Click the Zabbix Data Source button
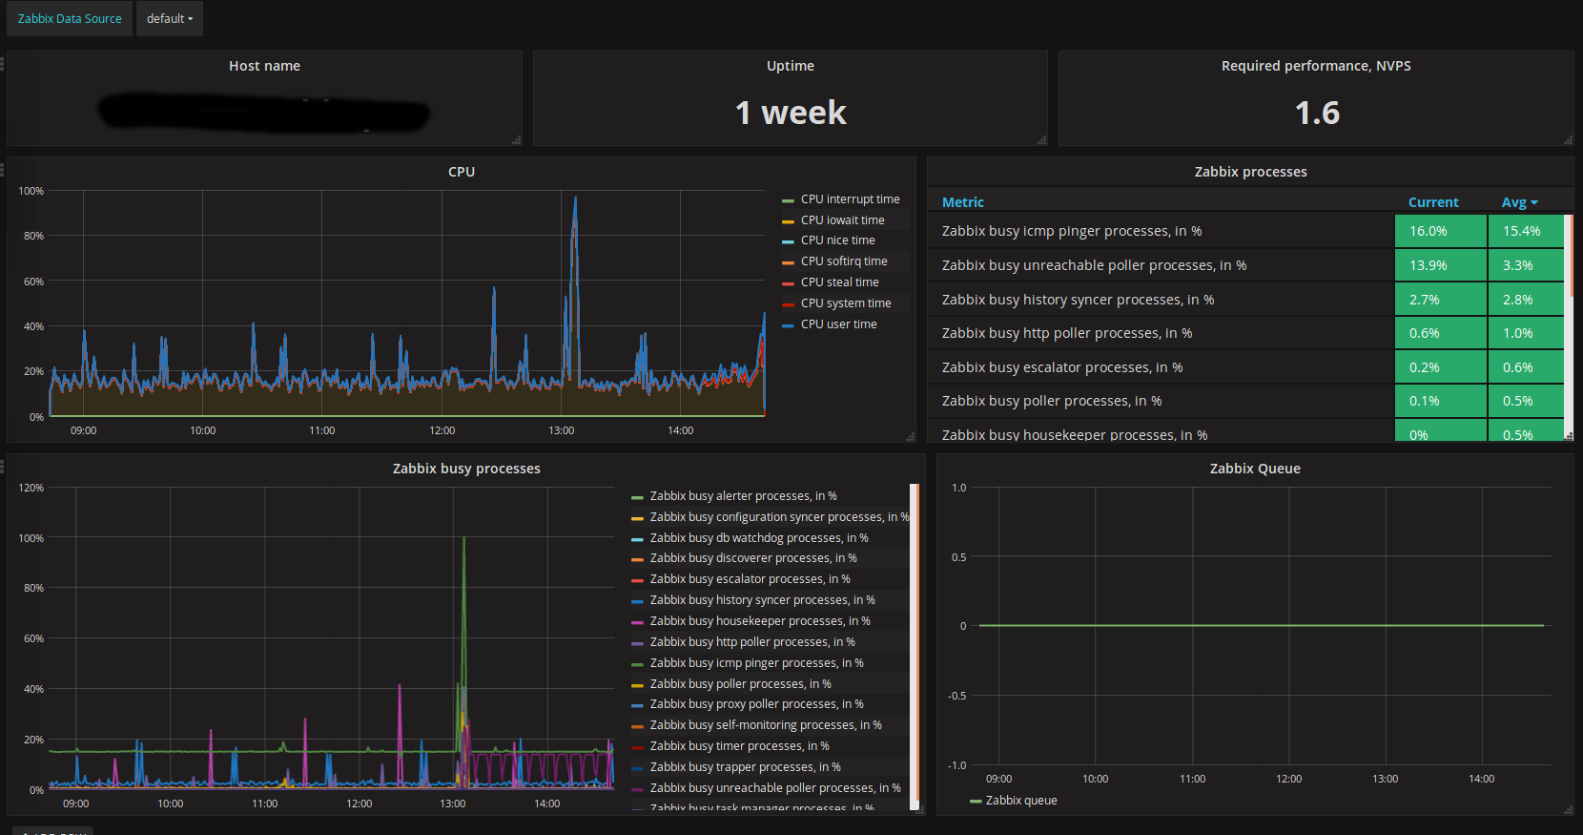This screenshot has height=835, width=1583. [x=70, y=19]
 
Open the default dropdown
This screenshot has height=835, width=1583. [x=169, y=19]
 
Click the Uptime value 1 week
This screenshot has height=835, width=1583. [x=790, y=114]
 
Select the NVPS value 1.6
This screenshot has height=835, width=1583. [x=1316, y=114]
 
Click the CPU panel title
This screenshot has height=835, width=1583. [x=461, y=172]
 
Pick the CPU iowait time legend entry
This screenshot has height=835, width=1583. [x=842, y=220]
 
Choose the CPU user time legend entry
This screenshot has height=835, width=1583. [x=838, y=324]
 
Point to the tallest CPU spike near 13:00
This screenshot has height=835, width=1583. [x=575, y=200]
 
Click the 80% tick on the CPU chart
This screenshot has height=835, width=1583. [x=33, y=236]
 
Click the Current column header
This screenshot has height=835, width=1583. [x=1432, y=202]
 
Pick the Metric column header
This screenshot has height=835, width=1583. [x=962, y=202]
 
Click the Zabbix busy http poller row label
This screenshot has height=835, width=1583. [x=1066, y=333]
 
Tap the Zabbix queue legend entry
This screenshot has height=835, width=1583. [x=1020, y=801]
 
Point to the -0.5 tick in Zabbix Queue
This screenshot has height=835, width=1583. [x=956, y=696]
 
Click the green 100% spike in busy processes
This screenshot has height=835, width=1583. [x=463, y=540]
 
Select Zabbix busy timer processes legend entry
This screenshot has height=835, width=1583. [x=739, y=746]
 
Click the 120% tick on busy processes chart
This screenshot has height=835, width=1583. [x=31, y=488]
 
